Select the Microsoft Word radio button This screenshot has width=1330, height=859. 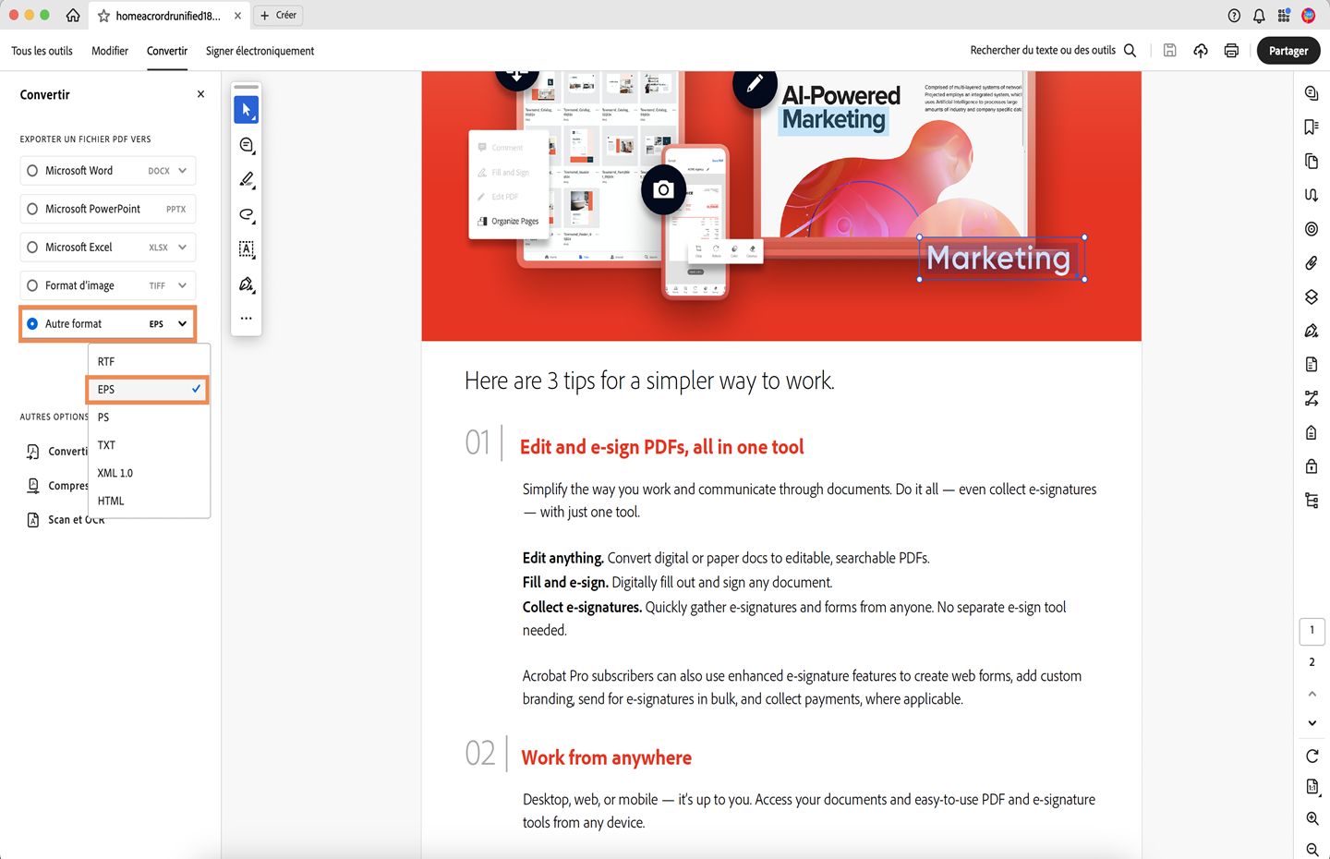[x=32, y=171]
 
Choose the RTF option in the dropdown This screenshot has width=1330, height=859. [x=106, y=362]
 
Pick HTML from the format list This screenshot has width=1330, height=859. [x=111, y=501]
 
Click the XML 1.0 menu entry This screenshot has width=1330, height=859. [x=115, y=473]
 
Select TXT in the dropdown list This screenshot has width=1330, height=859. [x=107, y=445]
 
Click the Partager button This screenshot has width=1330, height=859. [x=1288, y=51]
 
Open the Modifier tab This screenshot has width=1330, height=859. [x=110, y=51]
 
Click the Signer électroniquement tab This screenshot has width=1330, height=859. [x=260, y=51]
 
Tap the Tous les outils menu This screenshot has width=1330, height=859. [x=42, y=51]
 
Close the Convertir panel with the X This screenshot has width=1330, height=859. [x=201, y=94]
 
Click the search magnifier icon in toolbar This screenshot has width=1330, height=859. [x=1130, y=51]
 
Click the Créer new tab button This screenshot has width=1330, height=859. [x=278, y=16]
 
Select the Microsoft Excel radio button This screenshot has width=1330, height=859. [x=32, y=248]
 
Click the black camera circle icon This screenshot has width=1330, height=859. [x=663, y=190]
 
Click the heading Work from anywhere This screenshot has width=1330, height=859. [x=606, y=758]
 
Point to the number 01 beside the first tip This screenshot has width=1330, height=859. [x=478, y=443]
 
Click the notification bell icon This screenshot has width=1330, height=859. [x=1259, y=16]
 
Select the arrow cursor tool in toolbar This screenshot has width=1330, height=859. [x=246, y=110]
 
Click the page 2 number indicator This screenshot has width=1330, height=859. [x=1312, y=662]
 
